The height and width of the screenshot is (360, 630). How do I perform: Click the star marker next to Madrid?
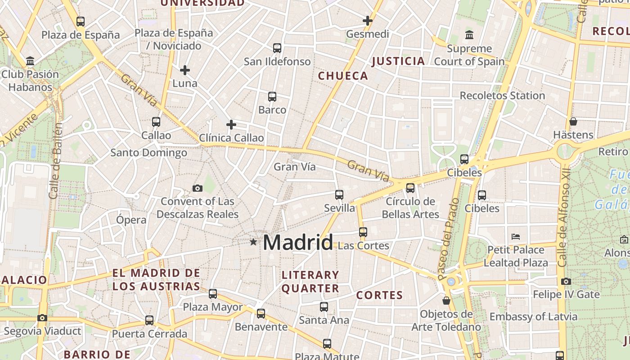click(253, 242)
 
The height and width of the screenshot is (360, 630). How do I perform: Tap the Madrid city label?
click(298, 243)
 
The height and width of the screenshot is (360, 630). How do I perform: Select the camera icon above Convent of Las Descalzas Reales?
click(197, 188)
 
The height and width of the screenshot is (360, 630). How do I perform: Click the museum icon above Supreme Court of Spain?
click(469, 35)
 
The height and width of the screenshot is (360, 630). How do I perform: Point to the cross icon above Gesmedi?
click(368, 21)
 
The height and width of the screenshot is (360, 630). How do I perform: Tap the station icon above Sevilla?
click(339, 195)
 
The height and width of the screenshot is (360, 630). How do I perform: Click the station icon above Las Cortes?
click(363, 232)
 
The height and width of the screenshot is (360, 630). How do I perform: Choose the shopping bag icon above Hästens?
click(573, 121)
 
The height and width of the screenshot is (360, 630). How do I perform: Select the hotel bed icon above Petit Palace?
click(516, 236)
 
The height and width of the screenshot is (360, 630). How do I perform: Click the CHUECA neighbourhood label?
click(343, 76)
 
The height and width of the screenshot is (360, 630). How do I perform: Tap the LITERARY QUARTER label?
click(310, 282)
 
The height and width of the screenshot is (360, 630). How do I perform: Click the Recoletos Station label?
click(502, 96)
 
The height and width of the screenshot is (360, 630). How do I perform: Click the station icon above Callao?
click(156, 121)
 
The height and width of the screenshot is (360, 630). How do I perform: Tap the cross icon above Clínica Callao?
click(231, 125)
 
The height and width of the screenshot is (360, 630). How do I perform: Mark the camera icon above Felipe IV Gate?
click(566, 282)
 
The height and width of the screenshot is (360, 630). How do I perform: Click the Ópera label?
click(131, 220)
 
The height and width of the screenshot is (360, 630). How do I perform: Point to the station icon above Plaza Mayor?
click(213, 294)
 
